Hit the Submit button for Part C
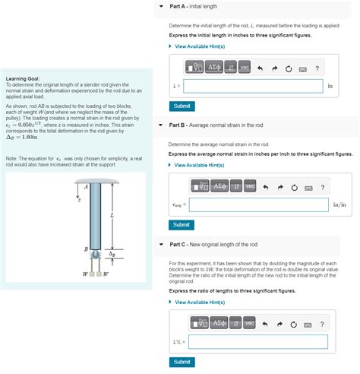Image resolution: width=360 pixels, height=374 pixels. click(182, 362)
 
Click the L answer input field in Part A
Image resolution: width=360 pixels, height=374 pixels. click(252, 86)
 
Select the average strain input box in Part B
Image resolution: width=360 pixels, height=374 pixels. click(259, 205)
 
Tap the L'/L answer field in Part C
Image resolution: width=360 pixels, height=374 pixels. click(258, 342)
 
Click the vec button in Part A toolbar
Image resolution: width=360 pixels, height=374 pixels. click(244, 68)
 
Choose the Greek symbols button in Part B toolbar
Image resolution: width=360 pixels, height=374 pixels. click(219, 187)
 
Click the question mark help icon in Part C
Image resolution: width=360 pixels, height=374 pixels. click(322, 324)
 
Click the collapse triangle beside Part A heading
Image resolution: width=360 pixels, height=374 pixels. click(161, 6)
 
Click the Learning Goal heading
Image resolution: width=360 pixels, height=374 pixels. click(23, 78)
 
